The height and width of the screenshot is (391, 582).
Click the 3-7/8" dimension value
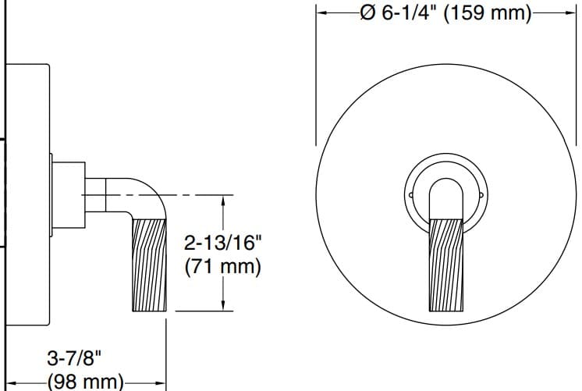click(75, 359)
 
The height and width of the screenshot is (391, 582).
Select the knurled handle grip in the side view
click(149, 264)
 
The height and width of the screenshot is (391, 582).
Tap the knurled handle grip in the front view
click(447, 264)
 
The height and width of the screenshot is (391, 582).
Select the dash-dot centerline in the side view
click(195, 194)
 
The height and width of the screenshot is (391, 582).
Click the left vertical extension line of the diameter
click(315, 78)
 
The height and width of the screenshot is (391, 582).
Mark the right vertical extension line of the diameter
click(576, 78)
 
